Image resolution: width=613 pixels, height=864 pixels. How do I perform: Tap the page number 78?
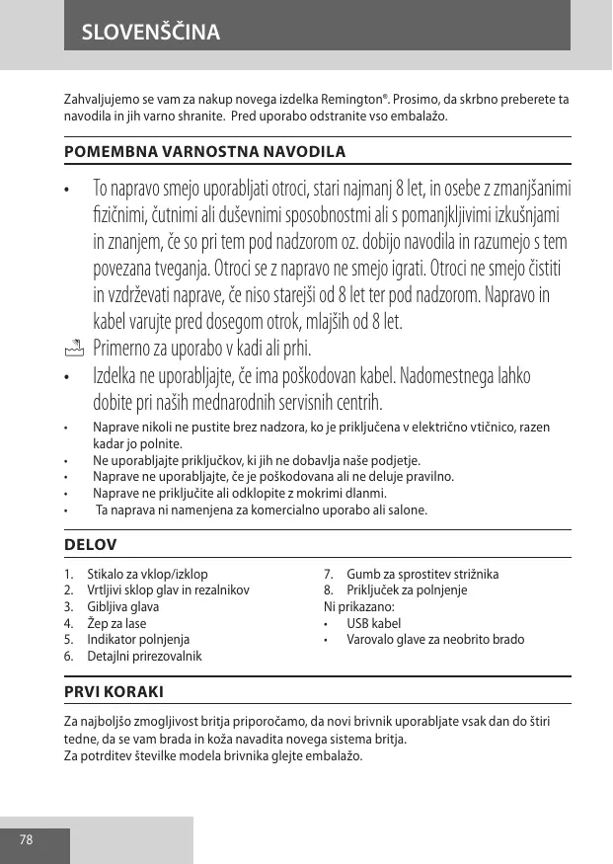(x=26, y=840)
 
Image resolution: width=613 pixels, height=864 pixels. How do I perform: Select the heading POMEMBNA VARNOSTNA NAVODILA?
(x=204, y=152)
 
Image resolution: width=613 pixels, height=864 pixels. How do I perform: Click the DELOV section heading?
(x=90, y=544)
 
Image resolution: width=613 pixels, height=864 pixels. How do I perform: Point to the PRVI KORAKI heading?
(x=114, y=690)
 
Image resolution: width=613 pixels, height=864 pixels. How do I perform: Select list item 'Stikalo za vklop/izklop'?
(x=147, y=574)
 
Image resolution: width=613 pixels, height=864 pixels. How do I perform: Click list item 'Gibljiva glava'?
(x=122, y=606)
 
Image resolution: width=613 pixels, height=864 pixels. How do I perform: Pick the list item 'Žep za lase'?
(x=116, y=623)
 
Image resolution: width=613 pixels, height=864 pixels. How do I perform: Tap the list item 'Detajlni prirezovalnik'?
(x=145, y=657)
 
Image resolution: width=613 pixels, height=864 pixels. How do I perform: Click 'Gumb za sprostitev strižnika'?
(x=422, y=574)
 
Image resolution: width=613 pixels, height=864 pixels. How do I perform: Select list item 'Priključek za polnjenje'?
(x=407, y=590)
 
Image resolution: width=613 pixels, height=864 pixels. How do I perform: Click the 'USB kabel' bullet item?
(x=374, y=623)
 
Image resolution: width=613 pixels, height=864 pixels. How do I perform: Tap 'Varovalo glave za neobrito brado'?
(x=435, y=640)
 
